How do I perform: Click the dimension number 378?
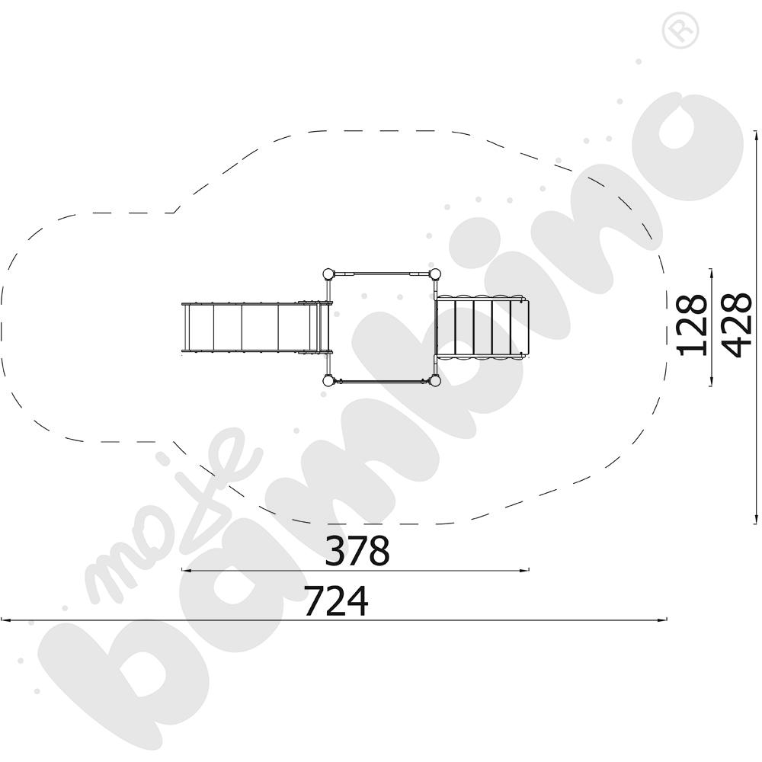[x=357, y=550]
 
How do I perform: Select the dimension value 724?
[x=336, y=600]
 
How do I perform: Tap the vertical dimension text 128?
[x=693, y=325]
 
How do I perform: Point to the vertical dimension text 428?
[x=737, y=325]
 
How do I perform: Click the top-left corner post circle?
[x=329, y=274]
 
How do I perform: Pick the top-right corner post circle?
[x=435, y=274]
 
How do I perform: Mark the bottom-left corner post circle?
[x=329, y=380]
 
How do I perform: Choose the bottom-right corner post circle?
[x=435, y=380]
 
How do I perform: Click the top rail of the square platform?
[x=382, y=274]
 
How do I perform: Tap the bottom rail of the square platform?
[x=382, y=381]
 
